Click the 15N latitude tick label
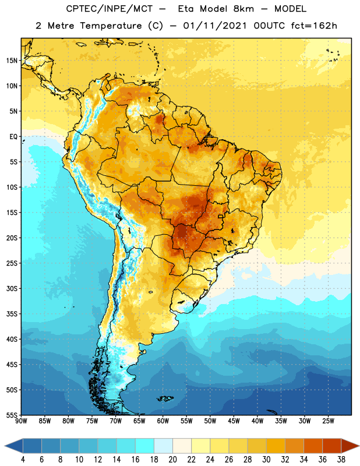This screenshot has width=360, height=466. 12,61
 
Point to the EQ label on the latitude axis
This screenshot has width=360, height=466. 13,137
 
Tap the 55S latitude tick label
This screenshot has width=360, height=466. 12,415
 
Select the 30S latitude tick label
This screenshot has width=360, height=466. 12,288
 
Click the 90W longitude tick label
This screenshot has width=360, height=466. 21,421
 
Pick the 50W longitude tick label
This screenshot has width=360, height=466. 210,421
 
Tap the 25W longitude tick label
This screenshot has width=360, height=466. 328,421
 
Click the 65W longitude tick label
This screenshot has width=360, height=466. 139,421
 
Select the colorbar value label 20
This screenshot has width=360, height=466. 172,460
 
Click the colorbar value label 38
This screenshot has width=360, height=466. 341,460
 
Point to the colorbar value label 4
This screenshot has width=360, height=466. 23,460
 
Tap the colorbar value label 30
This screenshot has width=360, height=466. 266,460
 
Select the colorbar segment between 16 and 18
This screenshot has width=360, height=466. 144,446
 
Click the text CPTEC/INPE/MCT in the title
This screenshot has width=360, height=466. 110,9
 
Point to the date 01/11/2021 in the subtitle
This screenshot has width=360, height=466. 215,26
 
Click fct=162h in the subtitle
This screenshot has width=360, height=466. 314,26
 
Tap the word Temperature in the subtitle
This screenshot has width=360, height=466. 111,26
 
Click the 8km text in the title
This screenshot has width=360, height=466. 243,9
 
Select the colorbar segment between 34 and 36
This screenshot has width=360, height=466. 313,446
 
